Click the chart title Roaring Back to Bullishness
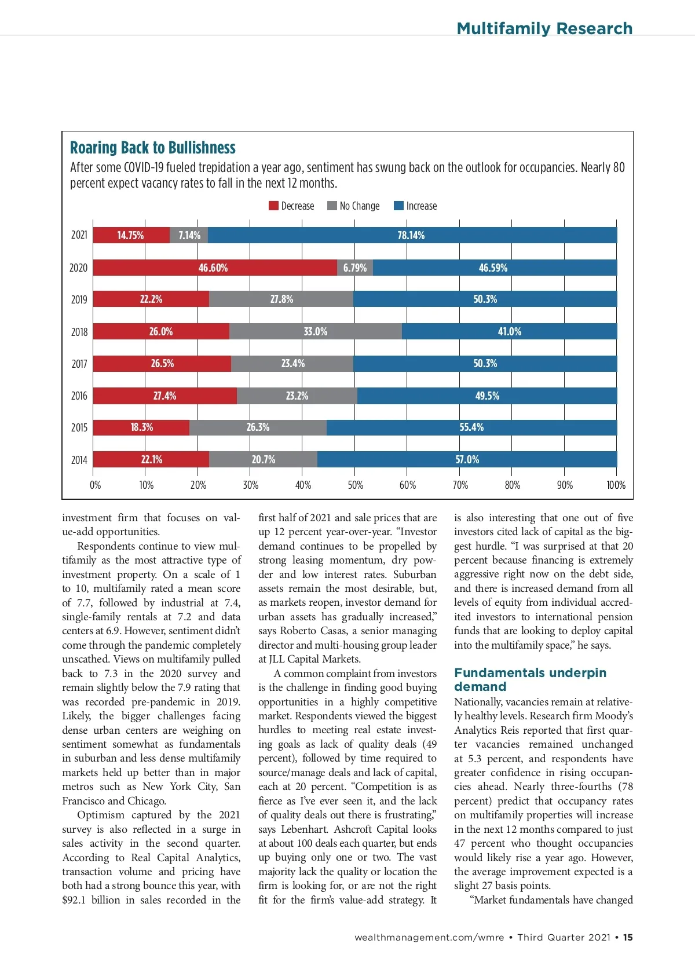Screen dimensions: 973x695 coord(153,148)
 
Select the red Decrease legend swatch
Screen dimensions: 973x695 coord(273,206)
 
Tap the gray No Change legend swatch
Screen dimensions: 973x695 coord(332,206)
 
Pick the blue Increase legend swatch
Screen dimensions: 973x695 coord(398,206)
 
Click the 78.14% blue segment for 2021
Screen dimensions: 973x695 coord(411,235)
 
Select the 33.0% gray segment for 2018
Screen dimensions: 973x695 coord(315,331)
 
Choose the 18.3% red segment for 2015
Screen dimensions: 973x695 coord(141,427)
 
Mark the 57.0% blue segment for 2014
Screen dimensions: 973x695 coord(467,459)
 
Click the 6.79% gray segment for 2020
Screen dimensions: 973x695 coord(354,268)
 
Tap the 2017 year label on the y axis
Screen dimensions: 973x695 coord(79,364)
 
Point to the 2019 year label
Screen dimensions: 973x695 coord(79,299)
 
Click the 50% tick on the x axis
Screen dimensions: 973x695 coord(356,485)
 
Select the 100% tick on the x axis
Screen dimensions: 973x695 coord(616,485)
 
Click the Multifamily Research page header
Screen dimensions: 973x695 coord(544,28)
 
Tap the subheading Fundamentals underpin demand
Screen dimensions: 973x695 coord(530,679)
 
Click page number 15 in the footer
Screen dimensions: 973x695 coord(628,937)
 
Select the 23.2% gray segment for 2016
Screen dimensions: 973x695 coord(297,396)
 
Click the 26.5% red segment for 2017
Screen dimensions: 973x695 coord(162,364)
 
